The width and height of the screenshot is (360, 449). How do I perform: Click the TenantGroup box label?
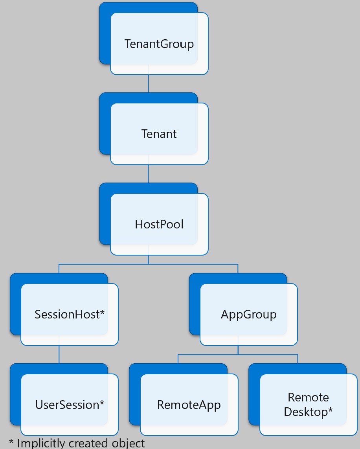click(x=159, y=44)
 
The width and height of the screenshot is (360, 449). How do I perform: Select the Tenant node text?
click(x=159, y=134)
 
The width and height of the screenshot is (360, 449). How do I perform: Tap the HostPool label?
click(x=159, y=224)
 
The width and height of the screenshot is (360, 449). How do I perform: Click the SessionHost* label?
click(x=70, y=315)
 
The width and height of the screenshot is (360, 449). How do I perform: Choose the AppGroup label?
click(x=249, y=315)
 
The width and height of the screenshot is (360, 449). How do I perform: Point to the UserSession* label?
click(x=70, y=405)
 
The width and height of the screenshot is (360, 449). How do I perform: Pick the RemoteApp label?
click(x=189, y=405)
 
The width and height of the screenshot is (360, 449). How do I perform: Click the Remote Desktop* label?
click(x=309, y=405)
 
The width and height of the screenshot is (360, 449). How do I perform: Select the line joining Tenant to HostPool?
click(x=148, y=173)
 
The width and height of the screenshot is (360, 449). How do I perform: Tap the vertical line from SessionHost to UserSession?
click(x=59, y=354)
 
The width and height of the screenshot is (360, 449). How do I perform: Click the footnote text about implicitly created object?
click(x=77, y=443)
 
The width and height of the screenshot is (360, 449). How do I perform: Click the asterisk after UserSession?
click(x=102, y=403)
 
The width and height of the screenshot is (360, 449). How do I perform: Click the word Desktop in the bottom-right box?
click(x=305, y=412)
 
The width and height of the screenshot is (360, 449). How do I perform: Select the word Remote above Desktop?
click(x=309, y=397)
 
